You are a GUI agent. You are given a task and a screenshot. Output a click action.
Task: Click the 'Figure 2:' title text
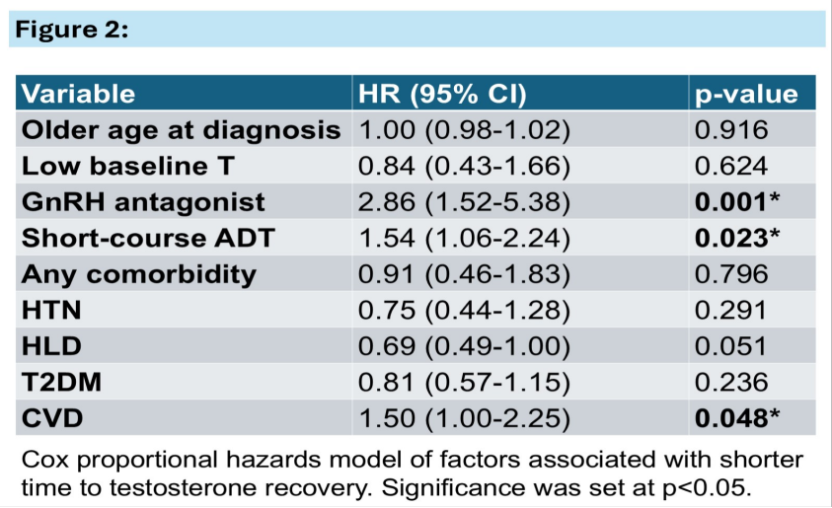click(x=72, y=30)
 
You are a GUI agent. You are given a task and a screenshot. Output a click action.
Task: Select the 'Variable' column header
click(x=79, y=94)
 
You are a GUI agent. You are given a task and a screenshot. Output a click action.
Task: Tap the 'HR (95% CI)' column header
click(x=442, y=94)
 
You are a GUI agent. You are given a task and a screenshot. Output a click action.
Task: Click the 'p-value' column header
click(x=746, y=95)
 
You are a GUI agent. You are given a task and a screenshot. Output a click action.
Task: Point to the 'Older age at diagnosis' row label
click(x=181, y=130)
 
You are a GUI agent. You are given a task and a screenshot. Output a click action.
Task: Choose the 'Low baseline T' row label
click(x=127, y=166)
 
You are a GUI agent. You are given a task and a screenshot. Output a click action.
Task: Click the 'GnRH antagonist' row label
click(x=143, y=202)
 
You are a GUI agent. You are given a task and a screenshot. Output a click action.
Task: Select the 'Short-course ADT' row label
click(x=148, y=238)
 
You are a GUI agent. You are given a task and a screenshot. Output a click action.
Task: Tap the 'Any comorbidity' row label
click(x=138, y=274)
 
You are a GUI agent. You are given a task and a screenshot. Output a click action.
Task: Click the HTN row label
click(x=51, y=310)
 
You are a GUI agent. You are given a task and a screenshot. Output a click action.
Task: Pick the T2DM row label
click(x=61, y=383)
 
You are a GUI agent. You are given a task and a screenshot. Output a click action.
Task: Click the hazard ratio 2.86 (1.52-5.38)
click(x=464, y=202)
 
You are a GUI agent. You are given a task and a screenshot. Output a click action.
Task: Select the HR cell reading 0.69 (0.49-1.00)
click(x=464, y=347)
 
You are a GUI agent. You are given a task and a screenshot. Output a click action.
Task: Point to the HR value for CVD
click(x=464, y=419)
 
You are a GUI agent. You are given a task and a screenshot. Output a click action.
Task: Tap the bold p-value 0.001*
click(x=737, y=202)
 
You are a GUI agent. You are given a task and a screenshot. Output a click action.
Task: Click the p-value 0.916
click(x=731, y=130)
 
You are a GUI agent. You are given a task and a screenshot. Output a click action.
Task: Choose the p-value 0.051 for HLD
click(x=730, y=346)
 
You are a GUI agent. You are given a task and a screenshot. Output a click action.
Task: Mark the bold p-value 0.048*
click(x=737, y=418)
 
